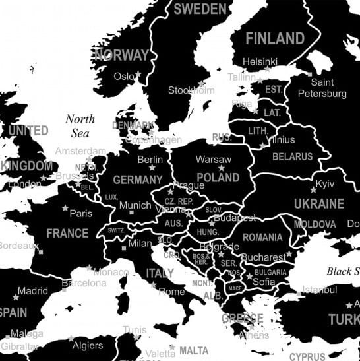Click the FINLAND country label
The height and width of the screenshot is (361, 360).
point(275,38)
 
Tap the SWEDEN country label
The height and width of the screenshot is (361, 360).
point(200,9)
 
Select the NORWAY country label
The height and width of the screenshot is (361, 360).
point(121,55)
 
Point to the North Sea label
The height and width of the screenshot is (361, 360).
point(80,126)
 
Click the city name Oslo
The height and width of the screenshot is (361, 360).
point(123,76)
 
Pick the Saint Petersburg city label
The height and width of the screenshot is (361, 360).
point(322,88)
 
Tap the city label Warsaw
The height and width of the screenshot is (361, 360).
point(214,160)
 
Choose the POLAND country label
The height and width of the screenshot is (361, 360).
point(218,178)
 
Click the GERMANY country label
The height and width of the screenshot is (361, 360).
point(138,180)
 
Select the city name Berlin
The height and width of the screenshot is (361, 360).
point(150,159)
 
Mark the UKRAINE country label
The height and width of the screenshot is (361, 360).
point(318,203)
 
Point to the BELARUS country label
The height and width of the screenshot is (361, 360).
point(293,157)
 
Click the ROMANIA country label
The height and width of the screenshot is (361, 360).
point(262,237)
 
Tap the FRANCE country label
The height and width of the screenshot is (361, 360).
point(67,233)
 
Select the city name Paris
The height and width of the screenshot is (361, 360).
point(81,213)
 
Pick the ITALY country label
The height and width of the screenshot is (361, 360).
point(160,273)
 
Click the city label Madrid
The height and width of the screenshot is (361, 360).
point(32,290)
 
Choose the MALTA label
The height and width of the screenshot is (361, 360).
point(193,350)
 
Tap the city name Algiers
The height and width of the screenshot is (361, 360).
point(87,345)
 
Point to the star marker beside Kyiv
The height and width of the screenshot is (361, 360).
point(314,190)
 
